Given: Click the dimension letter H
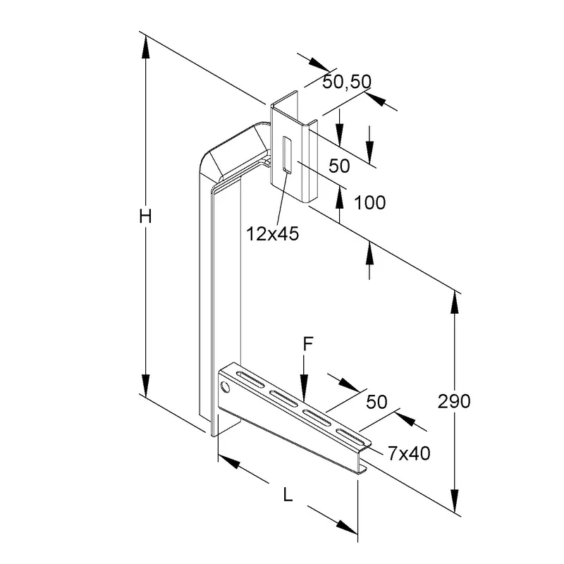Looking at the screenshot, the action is (x=145, y=216).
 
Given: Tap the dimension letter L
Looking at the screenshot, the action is (x=288, y=495).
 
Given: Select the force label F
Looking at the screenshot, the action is (x=308, y=344).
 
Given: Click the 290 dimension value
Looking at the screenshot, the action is (x=454, y=401).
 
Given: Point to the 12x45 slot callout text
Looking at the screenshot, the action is (x=273, y=234).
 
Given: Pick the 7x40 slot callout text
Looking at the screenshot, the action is (x=409, y=453).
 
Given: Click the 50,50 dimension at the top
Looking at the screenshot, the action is (x=346, y=82).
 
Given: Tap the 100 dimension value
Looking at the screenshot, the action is (x=369, y=202).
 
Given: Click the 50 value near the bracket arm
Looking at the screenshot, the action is (x=376, y=402).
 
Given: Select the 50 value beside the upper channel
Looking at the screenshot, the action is (x=339, y=166).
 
